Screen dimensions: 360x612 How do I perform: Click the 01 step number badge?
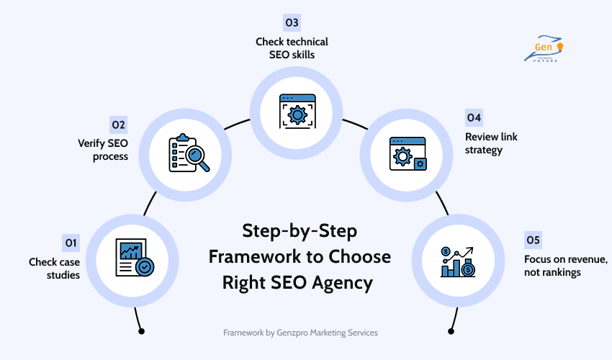click(x=71, y=241)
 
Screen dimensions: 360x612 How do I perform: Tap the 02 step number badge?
click(x=119, y=125)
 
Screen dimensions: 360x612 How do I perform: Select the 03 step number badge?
click(x=292, y=23)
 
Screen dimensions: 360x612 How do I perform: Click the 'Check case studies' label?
click(x=54, y=268)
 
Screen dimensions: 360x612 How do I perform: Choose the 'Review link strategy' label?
click(x=491, y=143)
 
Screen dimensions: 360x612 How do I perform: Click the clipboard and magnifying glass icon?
click(x=188, y=153)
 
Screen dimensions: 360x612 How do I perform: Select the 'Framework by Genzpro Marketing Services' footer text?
click(x=300, y=333)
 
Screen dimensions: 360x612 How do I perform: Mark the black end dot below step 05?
click(x=451, y=331)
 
